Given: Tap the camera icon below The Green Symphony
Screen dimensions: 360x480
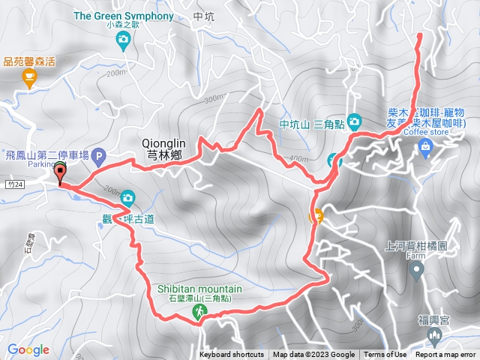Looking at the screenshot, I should pos(123,43).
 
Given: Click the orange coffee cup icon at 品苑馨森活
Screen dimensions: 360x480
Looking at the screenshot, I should pos(28,76).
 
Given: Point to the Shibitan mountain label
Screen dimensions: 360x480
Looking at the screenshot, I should pos(199,289).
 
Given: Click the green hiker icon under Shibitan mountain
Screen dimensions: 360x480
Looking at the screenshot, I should pos(200,310).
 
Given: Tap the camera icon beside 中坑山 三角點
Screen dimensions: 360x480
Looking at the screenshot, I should pos(354,121).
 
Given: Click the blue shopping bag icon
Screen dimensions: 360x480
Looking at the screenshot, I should pos(426,145).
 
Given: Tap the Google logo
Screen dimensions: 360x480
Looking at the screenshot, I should pos(28,349).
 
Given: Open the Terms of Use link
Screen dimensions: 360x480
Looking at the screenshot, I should pos(385,355).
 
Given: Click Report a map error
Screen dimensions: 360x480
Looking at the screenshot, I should pos(445,355).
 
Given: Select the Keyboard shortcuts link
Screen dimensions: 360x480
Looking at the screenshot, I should pos(232,355).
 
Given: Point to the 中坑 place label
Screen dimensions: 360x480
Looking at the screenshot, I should pos(203,16).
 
